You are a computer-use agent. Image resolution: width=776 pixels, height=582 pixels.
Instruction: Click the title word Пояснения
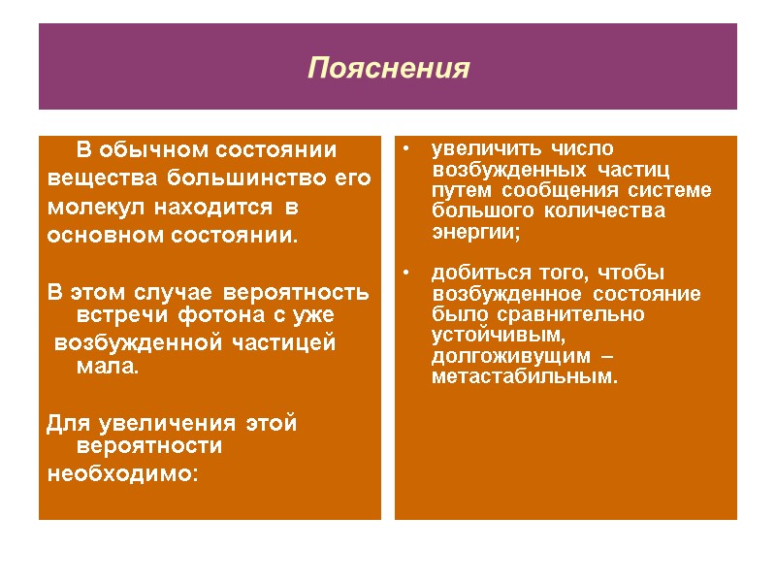(388, 70)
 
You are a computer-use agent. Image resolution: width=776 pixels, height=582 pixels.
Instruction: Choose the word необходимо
(121, 474)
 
